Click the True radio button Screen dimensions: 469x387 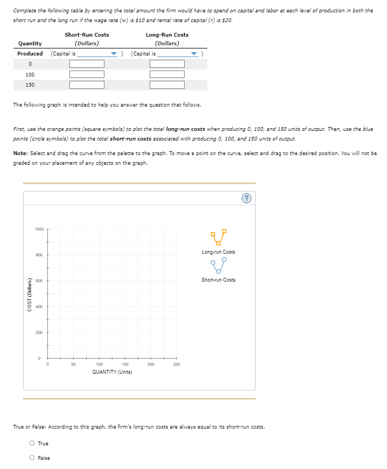pyautogui.click(x=33, y=444)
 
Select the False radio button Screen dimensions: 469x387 pyautogui.click(x=33, y=458)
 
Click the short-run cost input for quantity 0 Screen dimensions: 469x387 pyautogui.click(x=86, y=64)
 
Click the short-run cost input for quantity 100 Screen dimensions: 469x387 pyautogui.click(x=86, y=74)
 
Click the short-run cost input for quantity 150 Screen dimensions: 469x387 pyautogui.click(x=86, y=85)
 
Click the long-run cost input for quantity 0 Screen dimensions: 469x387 pyautogui.click(x=167, y=64)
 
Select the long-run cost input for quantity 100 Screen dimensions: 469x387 pyautogui.click(x=167, y=74)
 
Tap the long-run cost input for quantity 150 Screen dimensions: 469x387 pyautogui.click(x=167, y=85)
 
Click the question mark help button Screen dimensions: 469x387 pyautogui.click(x=247, y=199)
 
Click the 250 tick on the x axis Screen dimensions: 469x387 pyautogui.click(x=177, y=365)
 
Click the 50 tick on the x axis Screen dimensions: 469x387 pyautogui.click(x=73, y=365)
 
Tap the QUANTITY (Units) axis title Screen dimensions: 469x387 pyautogui.click(x=112, y=372)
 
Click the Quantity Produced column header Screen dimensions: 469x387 pyautogui.click(x=30, y=48)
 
